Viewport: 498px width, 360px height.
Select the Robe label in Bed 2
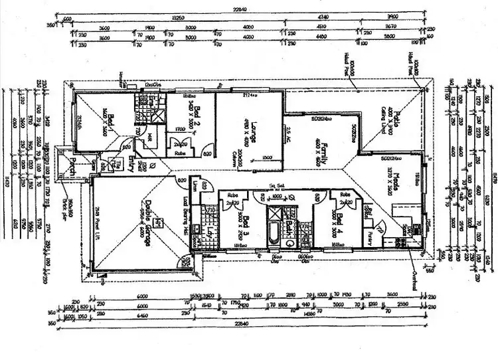[x=179, y=153]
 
